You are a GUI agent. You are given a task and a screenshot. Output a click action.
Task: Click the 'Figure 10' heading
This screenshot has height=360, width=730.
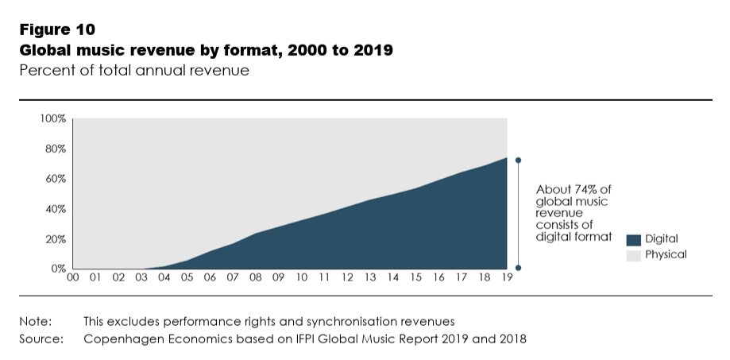click(x=57, y=30)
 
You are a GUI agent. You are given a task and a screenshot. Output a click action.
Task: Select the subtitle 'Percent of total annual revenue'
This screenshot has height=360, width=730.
click(x=134, y=71)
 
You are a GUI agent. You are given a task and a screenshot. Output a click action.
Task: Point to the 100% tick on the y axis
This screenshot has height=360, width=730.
click(x=52, y=118)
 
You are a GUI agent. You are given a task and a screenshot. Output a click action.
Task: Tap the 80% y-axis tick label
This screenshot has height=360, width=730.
click(x=54, y=149)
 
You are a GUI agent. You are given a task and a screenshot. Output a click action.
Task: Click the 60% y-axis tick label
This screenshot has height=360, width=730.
click(x=54, y=179)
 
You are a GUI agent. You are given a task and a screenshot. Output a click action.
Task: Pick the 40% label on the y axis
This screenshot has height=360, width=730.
click(x=54, y=209)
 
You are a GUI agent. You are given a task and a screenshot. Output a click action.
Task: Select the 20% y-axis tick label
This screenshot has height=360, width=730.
click(x=54, y=239)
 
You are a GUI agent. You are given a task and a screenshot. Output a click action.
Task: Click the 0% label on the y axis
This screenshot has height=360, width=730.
click(x=57, y=269)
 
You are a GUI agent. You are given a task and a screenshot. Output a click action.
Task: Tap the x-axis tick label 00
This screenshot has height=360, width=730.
click(x=73, y=278)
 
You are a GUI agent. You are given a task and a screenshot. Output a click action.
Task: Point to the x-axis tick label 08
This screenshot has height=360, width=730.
click(x=256, y=278)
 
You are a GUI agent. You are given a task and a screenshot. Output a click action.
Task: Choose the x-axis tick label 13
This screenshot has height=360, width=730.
click(x=370, y=278)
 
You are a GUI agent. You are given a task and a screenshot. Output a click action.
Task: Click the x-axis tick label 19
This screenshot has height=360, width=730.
click(x=507, y=278)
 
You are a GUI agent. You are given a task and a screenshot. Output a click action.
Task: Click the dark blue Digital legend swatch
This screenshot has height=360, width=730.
click(x=633, y=239)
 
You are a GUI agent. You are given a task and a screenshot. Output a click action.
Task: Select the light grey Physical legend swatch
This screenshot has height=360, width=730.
click(x=633, y=255)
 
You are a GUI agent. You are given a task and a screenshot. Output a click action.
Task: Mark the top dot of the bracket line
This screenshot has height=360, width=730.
click(x=519, y=160)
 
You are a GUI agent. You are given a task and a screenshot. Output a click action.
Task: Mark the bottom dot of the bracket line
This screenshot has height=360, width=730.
click(x=519, y=268)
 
